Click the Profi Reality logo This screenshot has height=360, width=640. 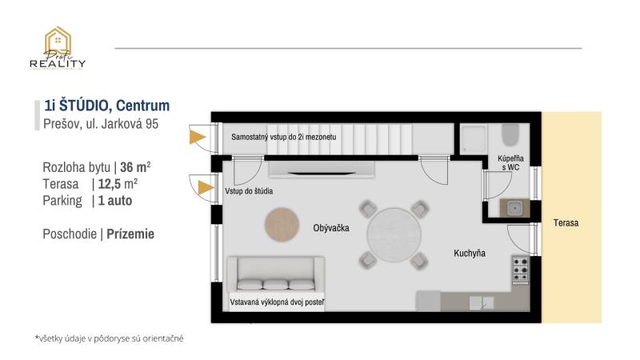58,49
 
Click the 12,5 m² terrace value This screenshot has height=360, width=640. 118,184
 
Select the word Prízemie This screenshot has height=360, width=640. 130,234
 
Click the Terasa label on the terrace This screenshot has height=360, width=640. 566,223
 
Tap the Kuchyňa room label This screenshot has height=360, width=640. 470,254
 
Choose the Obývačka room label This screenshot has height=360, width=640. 331,228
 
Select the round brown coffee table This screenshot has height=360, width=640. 282,223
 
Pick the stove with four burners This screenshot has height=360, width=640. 520,270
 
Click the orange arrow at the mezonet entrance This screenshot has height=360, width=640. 196,138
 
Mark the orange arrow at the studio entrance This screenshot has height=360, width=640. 205,189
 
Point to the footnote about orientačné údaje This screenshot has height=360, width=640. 109,338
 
